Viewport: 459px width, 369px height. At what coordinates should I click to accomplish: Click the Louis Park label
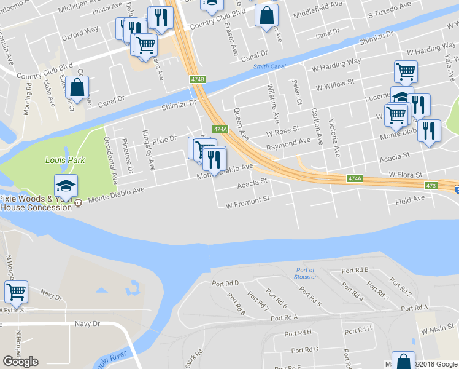[x=65, y=160]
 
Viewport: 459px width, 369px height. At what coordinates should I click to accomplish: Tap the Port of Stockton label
[x=305, y=273]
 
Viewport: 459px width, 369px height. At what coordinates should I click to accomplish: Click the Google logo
[x=20, y=362]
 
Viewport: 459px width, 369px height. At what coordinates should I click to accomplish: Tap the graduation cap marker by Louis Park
[x=66, y=186]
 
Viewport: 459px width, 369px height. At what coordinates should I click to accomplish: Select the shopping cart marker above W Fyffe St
[x=16, y=292]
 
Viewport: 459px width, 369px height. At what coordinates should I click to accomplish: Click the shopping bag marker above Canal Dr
[x=78, y=87]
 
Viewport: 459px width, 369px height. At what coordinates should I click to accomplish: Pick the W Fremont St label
[x=248, y=200]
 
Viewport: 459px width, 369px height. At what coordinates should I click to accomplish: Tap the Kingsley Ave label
[x=148, y=150]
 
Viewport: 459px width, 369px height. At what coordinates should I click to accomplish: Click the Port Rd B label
[x=355, y=270]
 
